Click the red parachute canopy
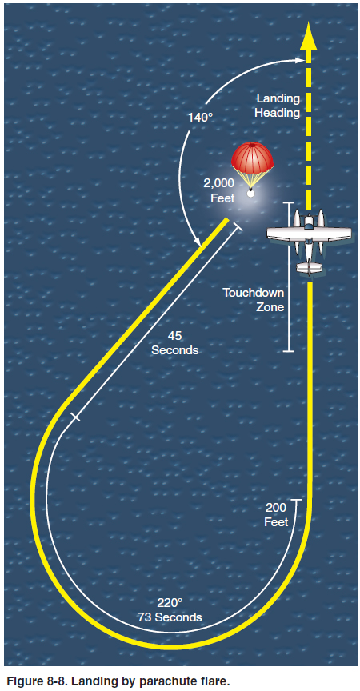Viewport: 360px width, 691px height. pos(252,157)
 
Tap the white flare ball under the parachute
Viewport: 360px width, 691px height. pos(251,193)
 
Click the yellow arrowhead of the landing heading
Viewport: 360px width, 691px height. pos(309,35)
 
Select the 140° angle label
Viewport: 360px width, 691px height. pos(201,118)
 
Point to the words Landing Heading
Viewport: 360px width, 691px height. pos(278,106)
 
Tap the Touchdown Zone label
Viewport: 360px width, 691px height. pos(254,300)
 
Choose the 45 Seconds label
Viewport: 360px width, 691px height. pos(175,343)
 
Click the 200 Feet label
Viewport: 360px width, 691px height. pos(276,514)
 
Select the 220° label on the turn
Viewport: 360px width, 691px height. pos(170,603)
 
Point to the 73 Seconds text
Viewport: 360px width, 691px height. pos(170,617)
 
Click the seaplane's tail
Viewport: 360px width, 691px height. pos(309,267)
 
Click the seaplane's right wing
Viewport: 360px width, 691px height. pos(333,234)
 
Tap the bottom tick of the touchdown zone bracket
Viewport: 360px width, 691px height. pos(288,351)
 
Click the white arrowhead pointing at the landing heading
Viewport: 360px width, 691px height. pos(300,60)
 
